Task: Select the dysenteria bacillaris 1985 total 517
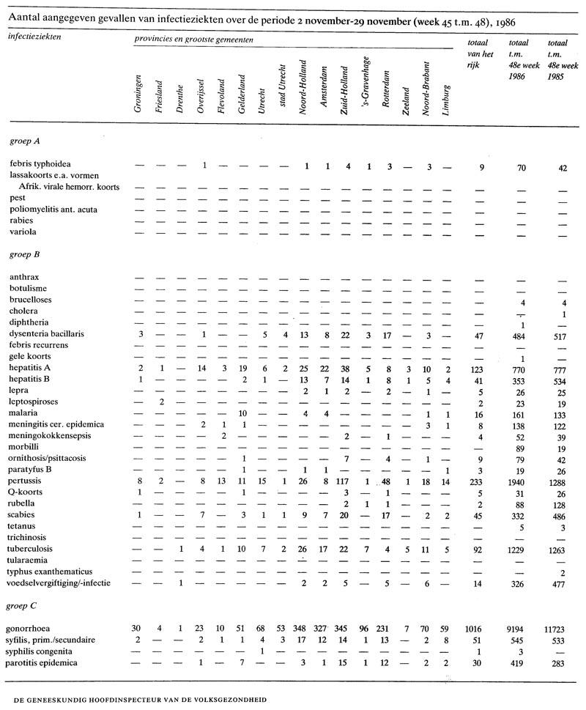pyautogui.click(x=560, y=333)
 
